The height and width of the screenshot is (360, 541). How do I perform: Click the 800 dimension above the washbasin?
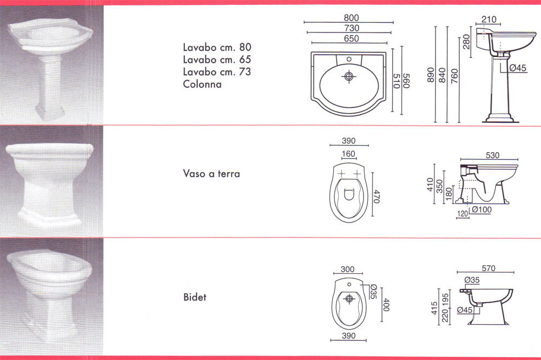point(351,18)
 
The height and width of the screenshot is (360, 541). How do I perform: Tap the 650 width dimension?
point(351,38)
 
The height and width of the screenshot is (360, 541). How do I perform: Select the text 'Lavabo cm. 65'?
point(217,60)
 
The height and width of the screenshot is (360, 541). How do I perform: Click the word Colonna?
point(202,84)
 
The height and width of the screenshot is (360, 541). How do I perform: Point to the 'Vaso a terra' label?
point(212,173)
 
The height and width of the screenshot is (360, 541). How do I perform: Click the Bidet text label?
point(195,297)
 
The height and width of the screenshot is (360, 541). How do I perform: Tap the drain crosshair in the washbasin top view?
point(349,76)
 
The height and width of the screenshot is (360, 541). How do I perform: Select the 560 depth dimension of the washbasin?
point(406,81)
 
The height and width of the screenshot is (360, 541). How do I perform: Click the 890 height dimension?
point(431,75)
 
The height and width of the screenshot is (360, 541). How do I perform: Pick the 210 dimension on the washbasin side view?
point(489,19)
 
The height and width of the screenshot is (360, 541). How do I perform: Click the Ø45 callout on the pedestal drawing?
point(518,68)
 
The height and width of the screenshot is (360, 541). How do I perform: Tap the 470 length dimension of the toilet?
point(377,197)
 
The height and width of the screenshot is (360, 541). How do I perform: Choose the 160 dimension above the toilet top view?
point(348,154)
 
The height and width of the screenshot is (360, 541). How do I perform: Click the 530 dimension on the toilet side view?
point(492,155)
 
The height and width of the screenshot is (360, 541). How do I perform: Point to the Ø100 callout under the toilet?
point(481,210)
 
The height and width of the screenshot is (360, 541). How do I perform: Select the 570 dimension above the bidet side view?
point(489,268)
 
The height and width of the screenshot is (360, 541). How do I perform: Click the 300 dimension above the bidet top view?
point(347,269)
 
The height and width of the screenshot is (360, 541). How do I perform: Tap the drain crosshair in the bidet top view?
point(349,299)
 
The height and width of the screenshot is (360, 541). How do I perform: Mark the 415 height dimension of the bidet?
point(434,308)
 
